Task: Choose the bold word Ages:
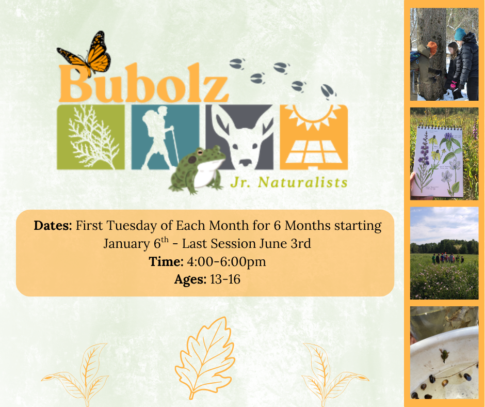[190, 280]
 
